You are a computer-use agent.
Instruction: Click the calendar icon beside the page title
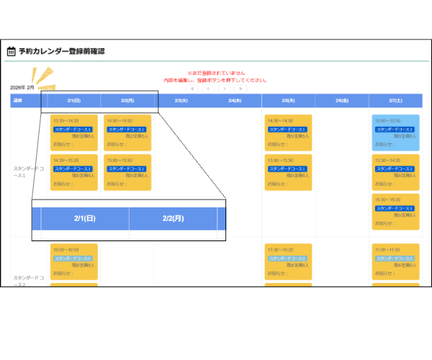(11, 51)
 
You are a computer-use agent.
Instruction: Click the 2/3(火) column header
(181, 101)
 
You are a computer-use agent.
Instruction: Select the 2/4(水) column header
(235, 101)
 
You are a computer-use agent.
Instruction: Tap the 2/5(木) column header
(288, 101)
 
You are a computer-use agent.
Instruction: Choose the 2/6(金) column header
(341, 101)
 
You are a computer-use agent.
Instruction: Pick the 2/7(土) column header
(395, 101)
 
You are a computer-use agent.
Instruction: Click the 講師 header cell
(17, 101)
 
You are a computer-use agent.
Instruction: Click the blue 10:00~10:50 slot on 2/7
(395, 132)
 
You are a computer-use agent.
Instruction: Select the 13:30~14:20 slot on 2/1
(74, 132)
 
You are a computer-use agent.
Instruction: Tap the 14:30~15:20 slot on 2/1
(74, 172)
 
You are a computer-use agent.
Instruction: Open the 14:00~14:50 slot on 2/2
(127, 132)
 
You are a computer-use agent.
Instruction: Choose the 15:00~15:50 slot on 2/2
(127, 172)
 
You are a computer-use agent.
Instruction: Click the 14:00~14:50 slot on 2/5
(288, 132)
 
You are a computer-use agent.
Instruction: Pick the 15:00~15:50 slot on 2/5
(288, 172)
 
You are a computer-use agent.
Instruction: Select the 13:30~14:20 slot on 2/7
(395, 172)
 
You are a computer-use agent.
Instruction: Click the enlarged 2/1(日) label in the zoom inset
(85, 218)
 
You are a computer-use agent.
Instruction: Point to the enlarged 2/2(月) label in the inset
(174, 218)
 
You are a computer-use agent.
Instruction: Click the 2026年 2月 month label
(22, 87)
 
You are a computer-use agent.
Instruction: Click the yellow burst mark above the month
(42, 76)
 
